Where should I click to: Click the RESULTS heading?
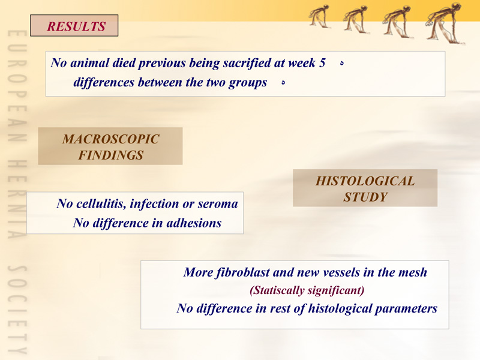coord(76,26)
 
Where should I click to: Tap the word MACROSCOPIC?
coord(111,139)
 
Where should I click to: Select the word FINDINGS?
coord(111,155)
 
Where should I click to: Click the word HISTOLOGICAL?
coord(365,181)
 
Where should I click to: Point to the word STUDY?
coord(365,197)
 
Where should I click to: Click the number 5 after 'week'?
coord(322,63)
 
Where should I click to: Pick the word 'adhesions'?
coord(194,223)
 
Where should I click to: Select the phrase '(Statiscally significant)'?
coord(307,290)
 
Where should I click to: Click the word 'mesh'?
coord(413,272)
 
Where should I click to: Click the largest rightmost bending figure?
coord(445,23)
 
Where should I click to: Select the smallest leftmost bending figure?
coord(319,16)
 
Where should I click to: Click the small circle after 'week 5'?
coord(342,64)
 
